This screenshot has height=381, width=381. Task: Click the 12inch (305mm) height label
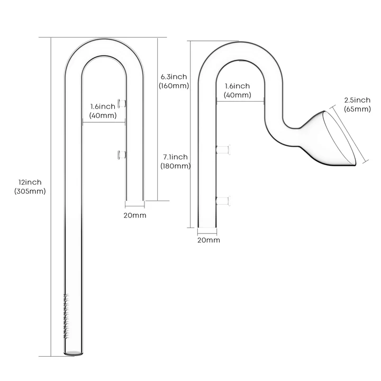click(30, 187)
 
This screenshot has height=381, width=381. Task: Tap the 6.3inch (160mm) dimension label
click(174, 81)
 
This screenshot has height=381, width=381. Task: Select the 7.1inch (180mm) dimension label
click(176, 161)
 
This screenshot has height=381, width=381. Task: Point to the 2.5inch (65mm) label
click(357, 104)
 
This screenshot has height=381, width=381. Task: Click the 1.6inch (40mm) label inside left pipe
click(103, 111)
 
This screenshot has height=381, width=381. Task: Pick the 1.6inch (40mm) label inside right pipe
click(238, 90)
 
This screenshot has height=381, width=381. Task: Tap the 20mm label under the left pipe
click(135, 215)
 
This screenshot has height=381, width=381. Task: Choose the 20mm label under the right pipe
click(208, 240)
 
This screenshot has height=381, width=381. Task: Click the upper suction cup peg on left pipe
click(122, 104)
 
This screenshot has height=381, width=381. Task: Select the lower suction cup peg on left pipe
click(122, 155)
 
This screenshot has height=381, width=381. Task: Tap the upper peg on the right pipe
click(223, 149)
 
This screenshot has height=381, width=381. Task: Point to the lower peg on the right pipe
click(223, 201)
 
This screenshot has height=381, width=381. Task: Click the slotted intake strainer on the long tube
click(66, 316)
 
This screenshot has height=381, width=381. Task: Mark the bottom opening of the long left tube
click(74, 353)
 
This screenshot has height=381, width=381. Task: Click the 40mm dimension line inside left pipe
click(104, 122)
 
